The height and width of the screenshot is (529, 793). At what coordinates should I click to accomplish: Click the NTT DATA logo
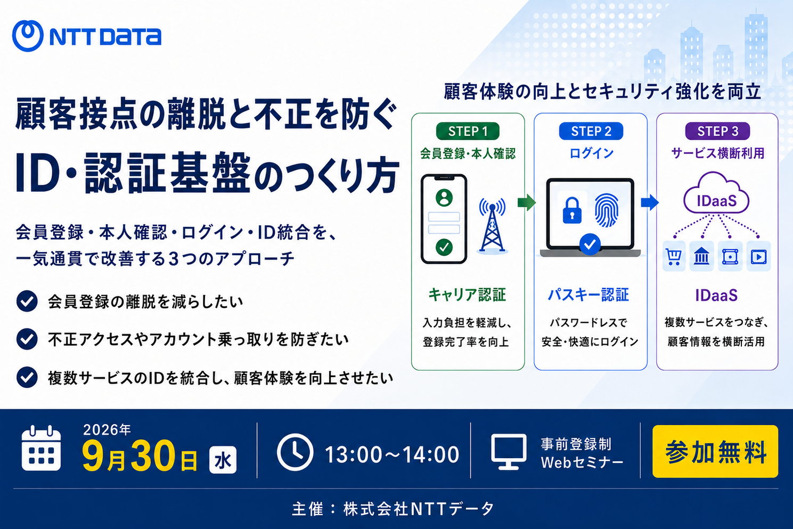tap(87, 36)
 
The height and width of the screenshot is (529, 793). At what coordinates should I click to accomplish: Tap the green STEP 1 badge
tap(468, 132)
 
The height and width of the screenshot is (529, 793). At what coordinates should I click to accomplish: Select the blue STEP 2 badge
tap(591, 132)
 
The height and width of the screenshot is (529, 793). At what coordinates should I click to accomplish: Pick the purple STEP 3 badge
tap(717, 132)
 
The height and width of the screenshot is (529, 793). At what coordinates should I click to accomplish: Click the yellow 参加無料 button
tap(715, 451)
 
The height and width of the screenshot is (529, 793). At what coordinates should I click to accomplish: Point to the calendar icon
tap(41, 448)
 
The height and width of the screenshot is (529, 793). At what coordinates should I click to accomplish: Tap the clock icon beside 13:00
tap(295, 452)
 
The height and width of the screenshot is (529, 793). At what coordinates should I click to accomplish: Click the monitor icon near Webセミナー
tap(509, 451)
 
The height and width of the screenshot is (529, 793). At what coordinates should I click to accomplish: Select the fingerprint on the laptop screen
tap(607, 209)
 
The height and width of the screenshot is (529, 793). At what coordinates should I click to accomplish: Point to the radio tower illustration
tap(492, 225)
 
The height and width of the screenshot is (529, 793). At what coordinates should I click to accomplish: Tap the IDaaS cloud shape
tap(716, 193)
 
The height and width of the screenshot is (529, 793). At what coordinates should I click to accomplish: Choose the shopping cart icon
tap(673, 256)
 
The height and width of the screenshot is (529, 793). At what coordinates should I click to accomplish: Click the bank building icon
tap(701, 256)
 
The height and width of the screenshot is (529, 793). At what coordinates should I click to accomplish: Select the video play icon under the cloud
tap(758, 256)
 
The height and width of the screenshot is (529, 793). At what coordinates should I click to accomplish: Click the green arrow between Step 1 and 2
tap(526, 202)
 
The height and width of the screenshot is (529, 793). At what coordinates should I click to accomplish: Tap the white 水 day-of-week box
tap(223, 460)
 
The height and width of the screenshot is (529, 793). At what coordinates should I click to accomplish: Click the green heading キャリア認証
tap(467, 295)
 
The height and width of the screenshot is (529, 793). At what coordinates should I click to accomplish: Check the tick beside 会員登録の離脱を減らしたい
tap(27, 301)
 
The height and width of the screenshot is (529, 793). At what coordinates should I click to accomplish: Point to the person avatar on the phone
tap(444, 198)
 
